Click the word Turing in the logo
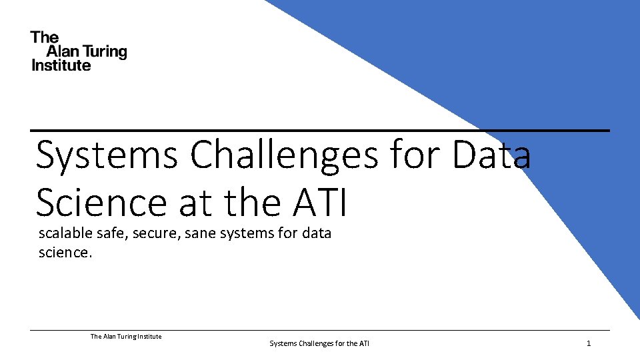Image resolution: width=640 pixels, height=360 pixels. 104,52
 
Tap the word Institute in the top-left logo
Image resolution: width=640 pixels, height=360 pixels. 61,65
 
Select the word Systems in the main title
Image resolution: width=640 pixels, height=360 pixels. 107,155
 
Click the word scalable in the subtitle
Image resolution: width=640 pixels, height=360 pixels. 65,233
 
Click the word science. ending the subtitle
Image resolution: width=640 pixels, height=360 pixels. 65,253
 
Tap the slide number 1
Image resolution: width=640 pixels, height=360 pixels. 589,343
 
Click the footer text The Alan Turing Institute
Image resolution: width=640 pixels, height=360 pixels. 126,337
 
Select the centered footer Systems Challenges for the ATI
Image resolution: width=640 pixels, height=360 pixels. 319,343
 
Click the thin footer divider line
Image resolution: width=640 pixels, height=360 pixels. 320,330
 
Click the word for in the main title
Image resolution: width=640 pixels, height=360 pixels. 417,155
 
